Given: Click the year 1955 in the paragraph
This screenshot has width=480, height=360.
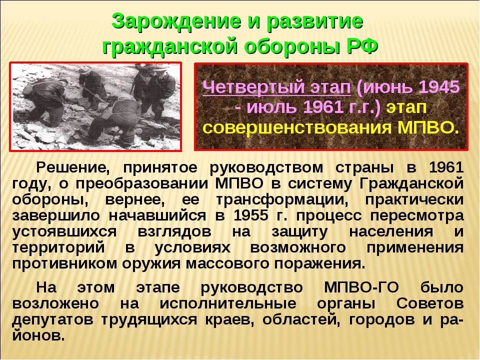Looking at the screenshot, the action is tap(250, 215).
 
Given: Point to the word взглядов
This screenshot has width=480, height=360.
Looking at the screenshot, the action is tap(174, 232).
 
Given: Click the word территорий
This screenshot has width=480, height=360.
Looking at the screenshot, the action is tap(58, 248).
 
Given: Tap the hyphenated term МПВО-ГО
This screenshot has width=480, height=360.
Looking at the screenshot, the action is tap(361, 287).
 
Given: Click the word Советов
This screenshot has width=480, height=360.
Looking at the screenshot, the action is tap(430, 303).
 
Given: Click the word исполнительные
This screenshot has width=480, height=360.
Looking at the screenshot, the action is tap(228, 303).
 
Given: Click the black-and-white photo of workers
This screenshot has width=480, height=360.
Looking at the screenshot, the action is tap(95, 106).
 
